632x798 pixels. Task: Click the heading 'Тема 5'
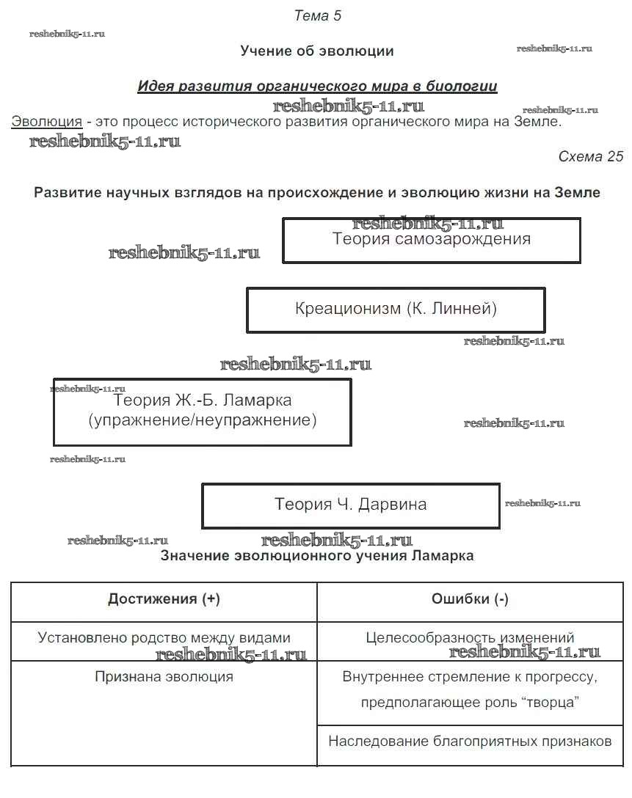pos(317,15)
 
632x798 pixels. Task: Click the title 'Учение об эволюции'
pos(317,51)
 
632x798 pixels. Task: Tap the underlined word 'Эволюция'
pos(46,122)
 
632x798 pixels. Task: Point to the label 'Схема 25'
pos(590,156)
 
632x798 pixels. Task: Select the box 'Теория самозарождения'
pos(432,240)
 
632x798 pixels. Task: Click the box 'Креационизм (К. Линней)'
pos(396,309)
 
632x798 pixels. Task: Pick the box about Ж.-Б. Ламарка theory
pos(202,411)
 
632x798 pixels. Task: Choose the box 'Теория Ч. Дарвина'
pos(350,505)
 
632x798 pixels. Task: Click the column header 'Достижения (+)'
pos(164,599)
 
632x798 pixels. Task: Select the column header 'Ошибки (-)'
pos(470,599)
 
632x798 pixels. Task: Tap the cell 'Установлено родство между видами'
pos(164,637)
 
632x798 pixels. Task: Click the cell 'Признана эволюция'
pos(164,676)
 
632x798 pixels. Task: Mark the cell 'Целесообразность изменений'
pos(470,637)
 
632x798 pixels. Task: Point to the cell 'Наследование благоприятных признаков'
pos(470,742)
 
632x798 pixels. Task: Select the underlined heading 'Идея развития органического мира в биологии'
pos(317,87)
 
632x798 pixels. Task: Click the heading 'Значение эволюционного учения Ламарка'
pos(317,556)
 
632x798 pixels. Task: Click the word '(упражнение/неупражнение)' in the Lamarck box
pos(202,421)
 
